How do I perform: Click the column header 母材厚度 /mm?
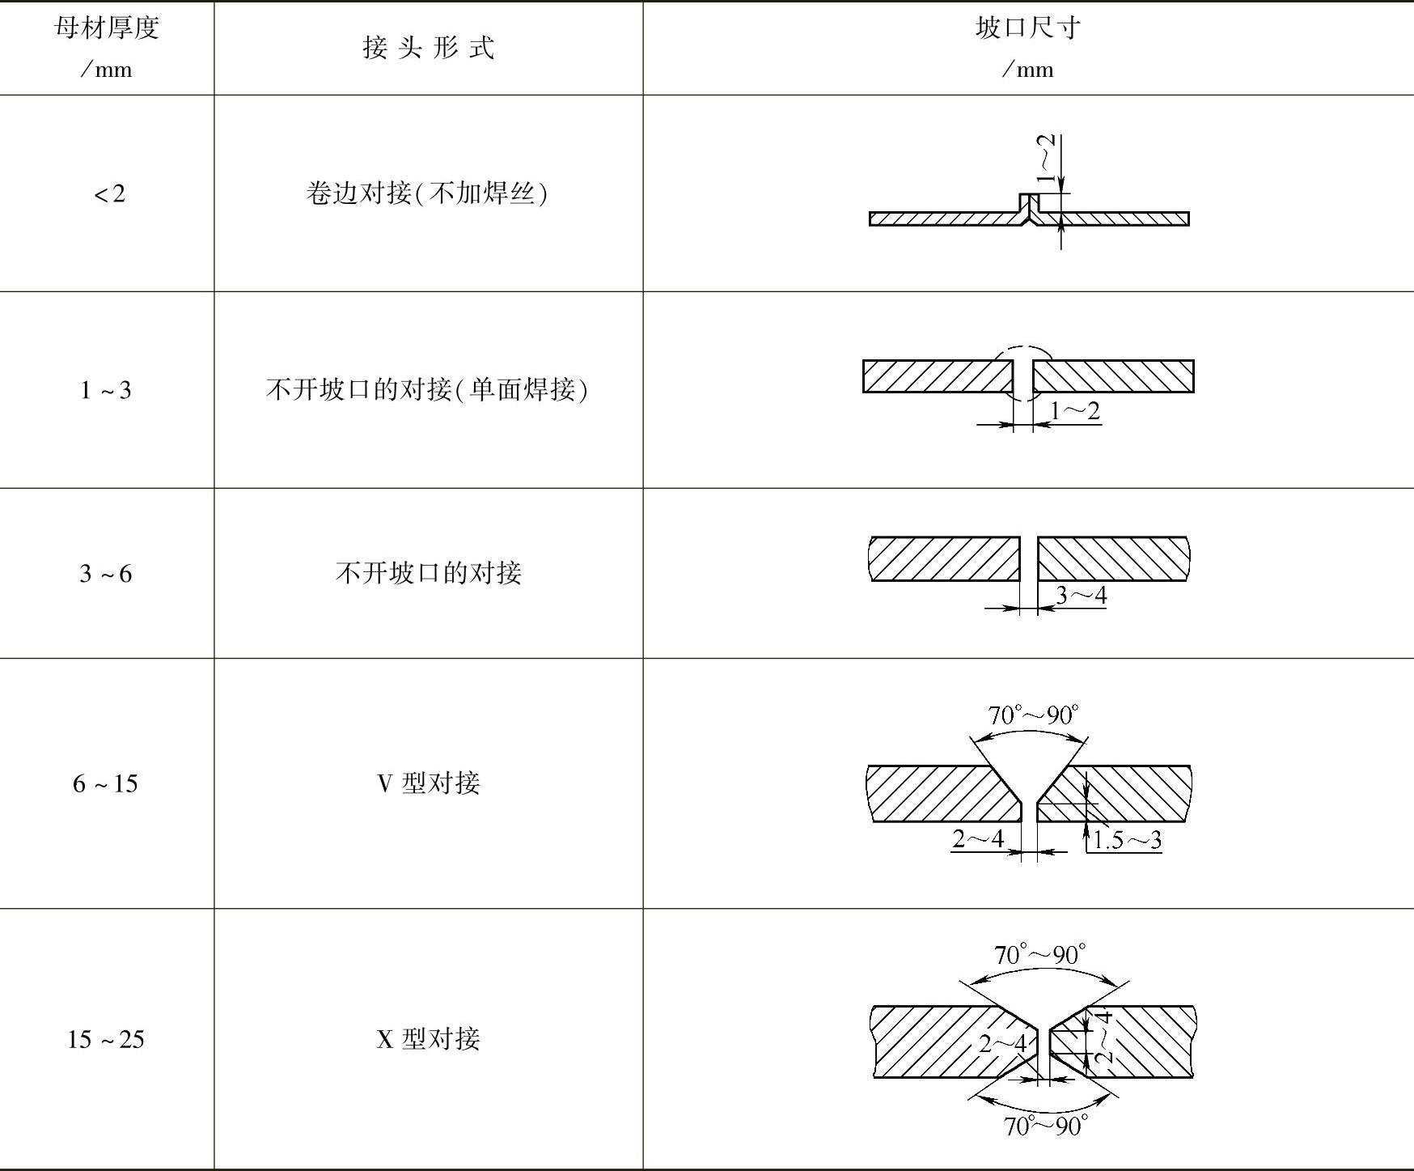106,48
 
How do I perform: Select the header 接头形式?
428,48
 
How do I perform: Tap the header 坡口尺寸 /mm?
1027,48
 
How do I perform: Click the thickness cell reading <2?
110,194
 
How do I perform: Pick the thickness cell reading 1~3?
105,391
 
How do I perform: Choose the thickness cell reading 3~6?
105,574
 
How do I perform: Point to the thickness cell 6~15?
105,783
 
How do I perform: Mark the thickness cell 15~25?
105,1039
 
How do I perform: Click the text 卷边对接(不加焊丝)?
427,193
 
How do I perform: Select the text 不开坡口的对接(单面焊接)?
427,390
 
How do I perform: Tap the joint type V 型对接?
428,783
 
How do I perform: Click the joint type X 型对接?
428,1039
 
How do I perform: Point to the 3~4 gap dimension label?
1081,596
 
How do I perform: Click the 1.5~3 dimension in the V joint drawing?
1127,840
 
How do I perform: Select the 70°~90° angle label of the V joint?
1033,715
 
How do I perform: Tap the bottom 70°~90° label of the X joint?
1045,1126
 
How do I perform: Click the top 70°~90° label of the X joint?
1039,955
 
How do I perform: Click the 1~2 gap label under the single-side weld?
1075,411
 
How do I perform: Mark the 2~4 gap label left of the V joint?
977,838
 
